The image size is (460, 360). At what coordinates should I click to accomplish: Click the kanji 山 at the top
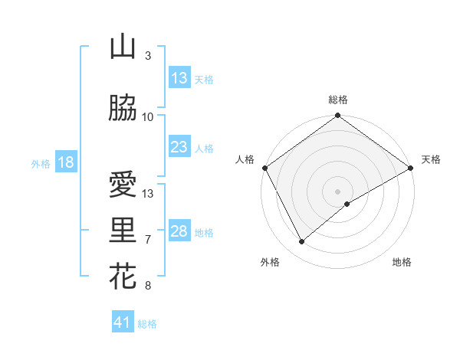point(122,47)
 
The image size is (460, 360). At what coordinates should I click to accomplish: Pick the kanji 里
point(123,231)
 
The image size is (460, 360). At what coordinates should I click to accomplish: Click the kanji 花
point(123,277)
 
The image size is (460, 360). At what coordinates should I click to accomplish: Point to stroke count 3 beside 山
point(148,56)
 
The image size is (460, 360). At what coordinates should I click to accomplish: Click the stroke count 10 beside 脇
point(148,117)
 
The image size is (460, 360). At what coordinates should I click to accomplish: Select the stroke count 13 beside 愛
point(148,194)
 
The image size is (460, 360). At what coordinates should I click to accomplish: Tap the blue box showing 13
point(179,78)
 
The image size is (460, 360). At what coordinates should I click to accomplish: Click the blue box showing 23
point(179,147)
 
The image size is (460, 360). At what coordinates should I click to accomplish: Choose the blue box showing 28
point(179,231)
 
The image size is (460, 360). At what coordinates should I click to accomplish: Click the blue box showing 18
point(65,162)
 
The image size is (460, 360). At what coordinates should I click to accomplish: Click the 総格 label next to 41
point(147,324)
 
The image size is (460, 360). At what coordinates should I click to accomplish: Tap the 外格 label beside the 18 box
point(41,163)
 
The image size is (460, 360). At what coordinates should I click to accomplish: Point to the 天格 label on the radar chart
point(431,159)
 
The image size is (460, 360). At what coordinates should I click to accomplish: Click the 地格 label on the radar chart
point(402,262)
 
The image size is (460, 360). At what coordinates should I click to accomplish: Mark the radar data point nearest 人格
point(264,168)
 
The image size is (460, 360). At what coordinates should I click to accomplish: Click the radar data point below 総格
point(337,116)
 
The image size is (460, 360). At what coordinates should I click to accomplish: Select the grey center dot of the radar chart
point(337,191)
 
